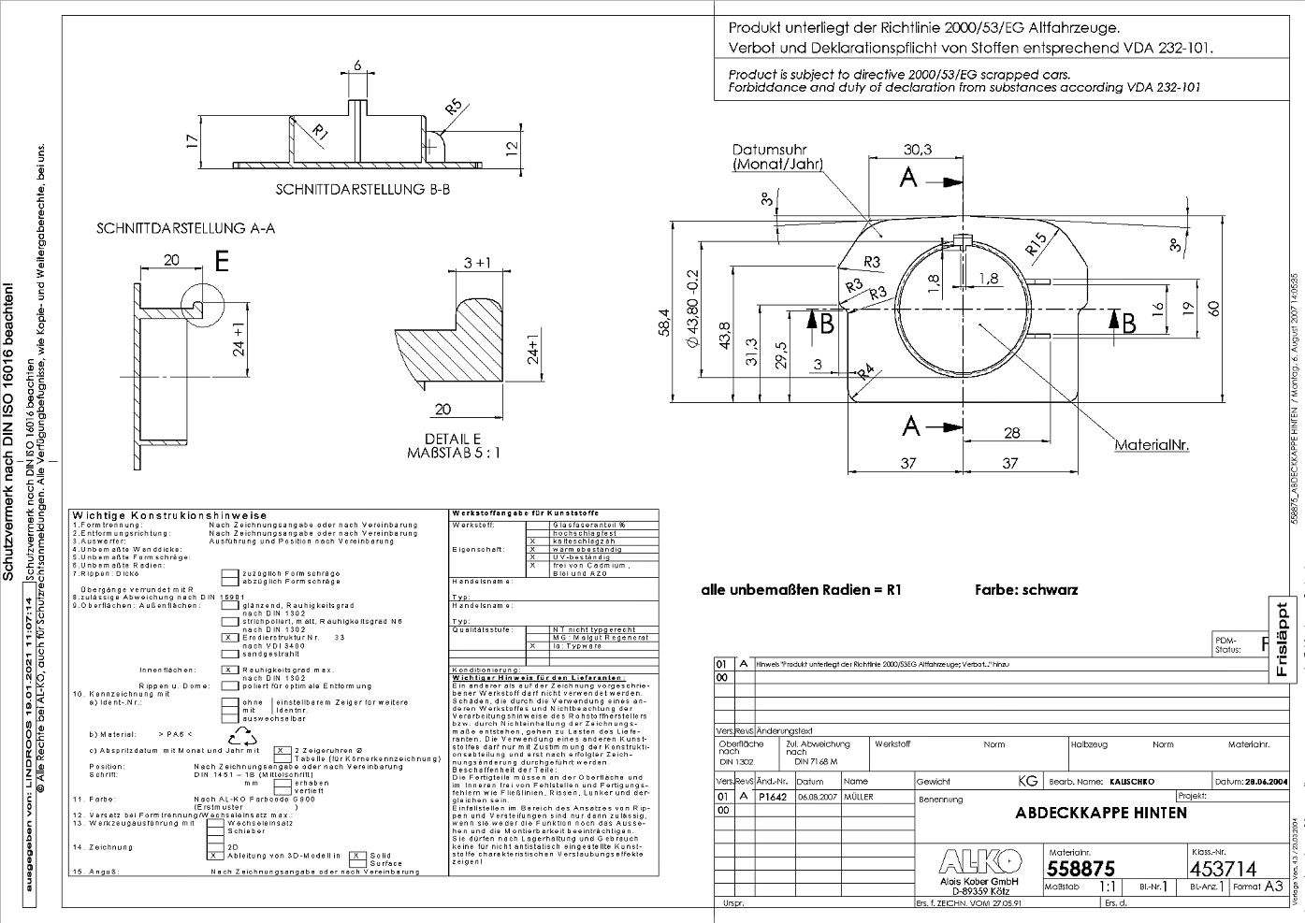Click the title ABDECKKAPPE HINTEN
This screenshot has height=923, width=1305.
(1100, 813)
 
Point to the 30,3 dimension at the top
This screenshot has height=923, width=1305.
(917, 149)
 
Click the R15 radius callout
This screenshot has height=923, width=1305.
(1036, 243)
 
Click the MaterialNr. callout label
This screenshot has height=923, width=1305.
(1151, 445)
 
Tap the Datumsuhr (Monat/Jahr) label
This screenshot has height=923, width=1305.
(777, 157)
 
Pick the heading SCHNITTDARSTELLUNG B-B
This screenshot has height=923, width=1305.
(363, 189)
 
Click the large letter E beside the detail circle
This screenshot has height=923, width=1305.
(222, 262)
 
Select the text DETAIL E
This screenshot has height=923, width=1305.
(453, 439)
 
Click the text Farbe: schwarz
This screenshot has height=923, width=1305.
(1025, 590)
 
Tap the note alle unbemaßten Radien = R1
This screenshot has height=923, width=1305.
(801, 590)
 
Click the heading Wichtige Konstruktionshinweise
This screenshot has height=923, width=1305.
(169, 515)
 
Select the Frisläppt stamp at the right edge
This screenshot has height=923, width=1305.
(1282, 636)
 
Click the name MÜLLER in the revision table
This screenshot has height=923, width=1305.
(858, 797)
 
